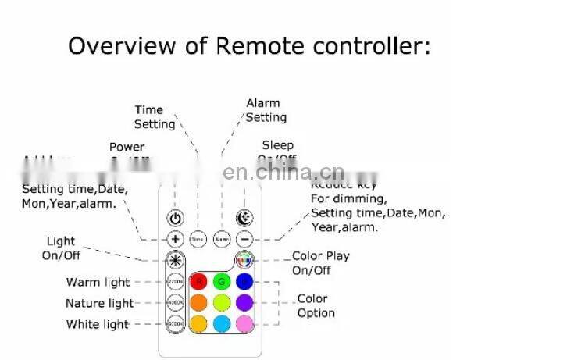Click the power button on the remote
pos(176,219)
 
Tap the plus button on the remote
pos(176,239)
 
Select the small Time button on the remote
pos(198,239)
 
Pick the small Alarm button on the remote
pos(222,239)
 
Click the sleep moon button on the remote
pos(244,219)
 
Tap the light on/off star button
pos(176,259)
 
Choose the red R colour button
pos(199,281)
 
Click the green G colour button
pos(222,281)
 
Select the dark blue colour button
pos(244,281)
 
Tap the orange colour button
pos(199,301)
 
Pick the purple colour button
pos(244,301)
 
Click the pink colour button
pos(244,323)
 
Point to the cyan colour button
pos(222,323)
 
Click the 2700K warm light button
pos(176,281)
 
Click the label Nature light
pos(99,304)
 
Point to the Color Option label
pos(316,306)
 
